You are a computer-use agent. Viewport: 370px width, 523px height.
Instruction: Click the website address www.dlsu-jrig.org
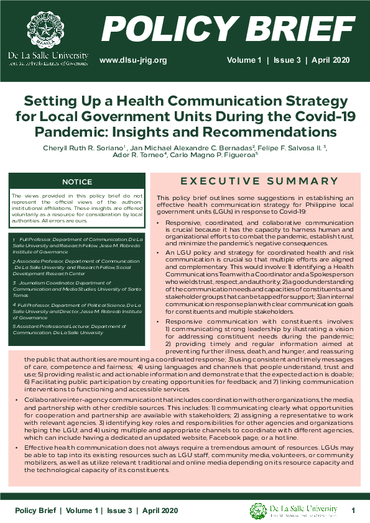click(x=134, y=60)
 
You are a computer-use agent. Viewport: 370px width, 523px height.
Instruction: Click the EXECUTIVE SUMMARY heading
click(x=258, y=181)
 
